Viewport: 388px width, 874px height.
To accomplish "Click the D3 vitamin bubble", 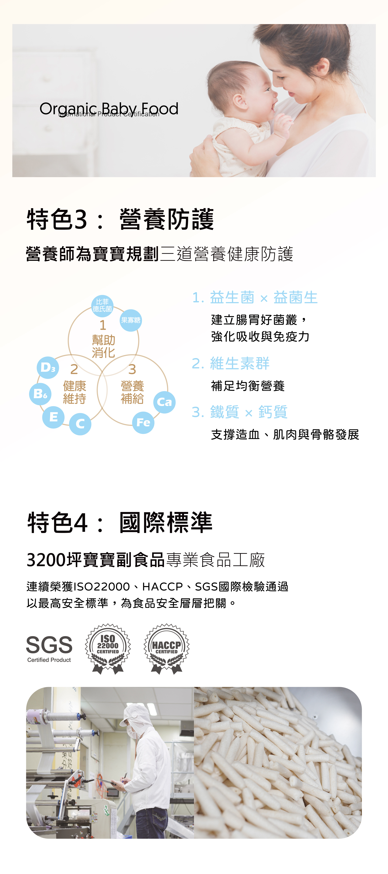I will (x=48, y=367).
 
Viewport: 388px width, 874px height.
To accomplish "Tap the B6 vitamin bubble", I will (x=40, y=394).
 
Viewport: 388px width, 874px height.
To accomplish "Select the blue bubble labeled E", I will (x=53, y=417).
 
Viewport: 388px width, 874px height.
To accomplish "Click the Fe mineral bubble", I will (x=143, y=422).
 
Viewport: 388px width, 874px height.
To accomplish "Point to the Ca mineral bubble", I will (x=164, y=402).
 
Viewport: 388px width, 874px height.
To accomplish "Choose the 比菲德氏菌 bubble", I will (x=102, y=305).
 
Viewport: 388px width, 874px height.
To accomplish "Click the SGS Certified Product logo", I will (x=49, y=649).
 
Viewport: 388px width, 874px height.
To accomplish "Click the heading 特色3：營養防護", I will (x=120, y=220).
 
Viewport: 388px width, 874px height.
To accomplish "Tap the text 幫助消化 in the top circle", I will (x=103, y=346).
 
